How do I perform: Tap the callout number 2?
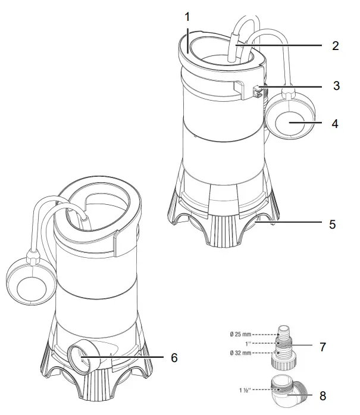[335, 46]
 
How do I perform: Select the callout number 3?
[336, 85]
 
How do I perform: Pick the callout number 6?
[173, 357]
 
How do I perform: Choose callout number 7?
[322, 347]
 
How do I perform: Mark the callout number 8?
[322, 394]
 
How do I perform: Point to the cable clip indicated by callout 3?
[257, 91]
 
